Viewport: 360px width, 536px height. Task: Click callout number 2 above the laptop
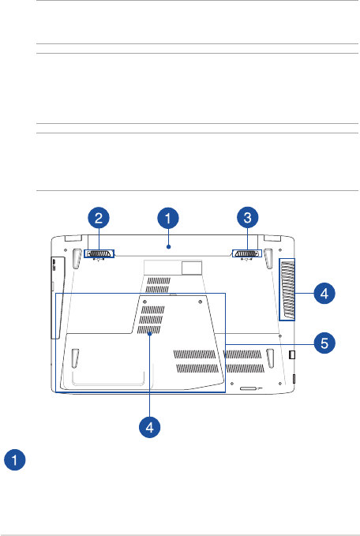pyautogui.click(x=99, y=218)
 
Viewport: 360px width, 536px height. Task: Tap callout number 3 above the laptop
pyautogui.click(x=248, y=218)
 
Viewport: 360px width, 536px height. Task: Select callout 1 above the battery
pyautogui.click(x=168, y=218)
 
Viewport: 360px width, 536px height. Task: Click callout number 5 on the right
pyautogui.click(x=324, y=343)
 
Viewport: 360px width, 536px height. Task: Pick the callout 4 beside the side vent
pyautogui.click(x=324, y=294)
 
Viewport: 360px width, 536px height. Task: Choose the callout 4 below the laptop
pyautogui.click(x=150, y=427)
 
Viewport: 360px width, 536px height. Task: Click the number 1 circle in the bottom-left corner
pyautogui.click(x=15, y=459)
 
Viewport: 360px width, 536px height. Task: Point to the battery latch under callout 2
pyautogui.click(x=99, y=253)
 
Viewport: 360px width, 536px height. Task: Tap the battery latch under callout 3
pyautogui.click(x=247, y=253)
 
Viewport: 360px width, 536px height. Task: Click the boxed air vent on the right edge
pyautogui.click(x=287, y=290)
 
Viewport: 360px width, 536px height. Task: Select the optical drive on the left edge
pyautogui.click(x=57, y=298)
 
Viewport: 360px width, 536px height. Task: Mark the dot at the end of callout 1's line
pyautogui.click(x=168, y=246)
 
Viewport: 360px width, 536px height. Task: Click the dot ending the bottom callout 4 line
pyautogui.click(x=150, y=335)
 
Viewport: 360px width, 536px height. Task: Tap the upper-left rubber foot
pyautogui.click(x=76, y=257)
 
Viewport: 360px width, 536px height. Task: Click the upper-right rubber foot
pyautogui.click(x=268, y=257)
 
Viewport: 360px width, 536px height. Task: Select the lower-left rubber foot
pyautogui.click(x=75, y=358)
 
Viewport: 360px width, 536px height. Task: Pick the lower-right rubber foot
pyautogui.click(x=271, y=358)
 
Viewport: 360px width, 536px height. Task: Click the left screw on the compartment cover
pyautogui.click(x=145, y=302)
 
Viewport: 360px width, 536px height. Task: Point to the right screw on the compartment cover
pyautogui.click(x=200, y=302)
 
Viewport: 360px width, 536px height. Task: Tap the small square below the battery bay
pyautogui.click(x=192, y=268)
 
